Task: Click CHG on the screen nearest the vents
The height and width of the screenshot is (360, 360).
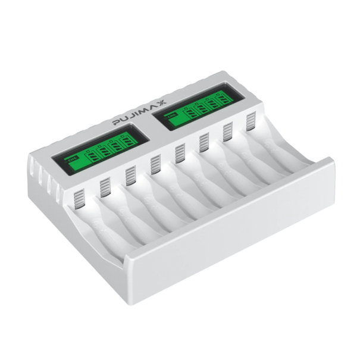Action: (73, 159)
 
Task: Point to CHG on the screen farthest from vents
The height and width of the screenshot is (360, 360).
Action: (172, 114)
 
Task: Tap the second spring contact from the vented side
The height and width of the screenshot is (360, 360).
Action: (105, 186)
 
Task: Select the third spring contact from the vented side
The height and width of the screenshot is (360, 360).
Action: (131, 174)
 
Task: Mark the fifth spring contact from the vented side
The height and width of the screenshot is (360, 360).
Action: (180, 153)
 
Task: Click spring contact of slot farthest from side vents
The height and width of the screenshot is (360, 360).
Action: (251, 119)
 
